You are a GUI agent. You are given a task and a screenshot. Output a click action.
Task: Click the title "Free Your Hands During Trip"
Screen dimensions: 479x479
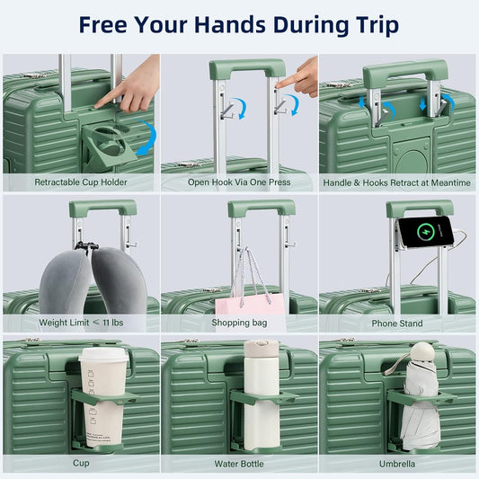(x=238, y=24)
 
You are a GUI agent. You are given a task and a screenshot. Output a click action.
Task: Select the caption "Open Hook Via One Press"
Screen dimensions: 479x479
(x=239, y=182)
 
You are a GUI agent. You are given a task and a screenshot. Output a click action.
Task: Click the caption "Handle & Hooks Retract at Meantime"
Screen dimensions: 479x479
(x=397, y=182)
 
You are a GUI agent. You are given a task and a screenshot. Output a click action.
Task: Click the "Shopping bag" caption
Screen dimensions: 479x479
(x=239, y=323)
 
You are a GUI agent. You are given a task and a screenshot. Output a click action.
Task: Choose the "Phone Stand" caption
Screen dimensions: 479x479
(x=397, y=323)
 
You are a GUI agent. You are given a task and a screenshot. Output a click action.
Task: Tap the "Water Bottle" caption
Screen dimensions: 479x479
(x=239, y=464)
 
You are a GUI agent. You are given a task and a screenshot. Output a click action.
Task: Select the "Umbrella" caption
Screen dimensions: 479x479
(x=397, y=464)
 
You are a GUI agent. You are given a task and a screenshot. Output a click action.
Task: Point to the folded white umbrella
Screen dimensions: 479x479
(x=418, y=400)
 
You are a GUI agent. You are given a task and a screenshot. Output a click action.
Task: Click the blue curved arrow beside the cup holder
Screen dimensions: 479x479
(x=147, y=139)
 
